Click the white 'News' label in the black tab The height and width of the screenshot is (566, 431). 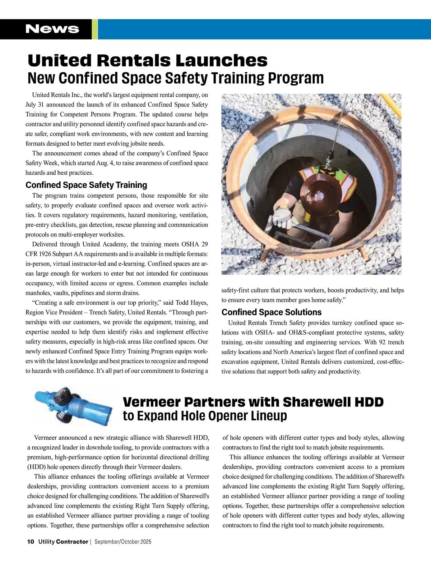52,29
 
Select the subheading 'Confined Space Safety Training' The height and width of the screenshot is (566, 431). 86,185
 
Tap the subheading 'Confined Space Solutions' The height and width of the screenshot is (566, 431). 272,312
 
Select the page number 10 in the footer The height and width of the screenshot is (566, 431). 31,542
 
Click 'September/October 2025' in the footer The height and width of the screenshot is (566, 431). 123,542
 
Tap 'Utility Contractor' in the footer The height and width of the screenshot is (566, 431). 63,542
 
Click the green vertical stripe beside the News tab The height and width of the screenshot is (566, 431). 95,29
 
